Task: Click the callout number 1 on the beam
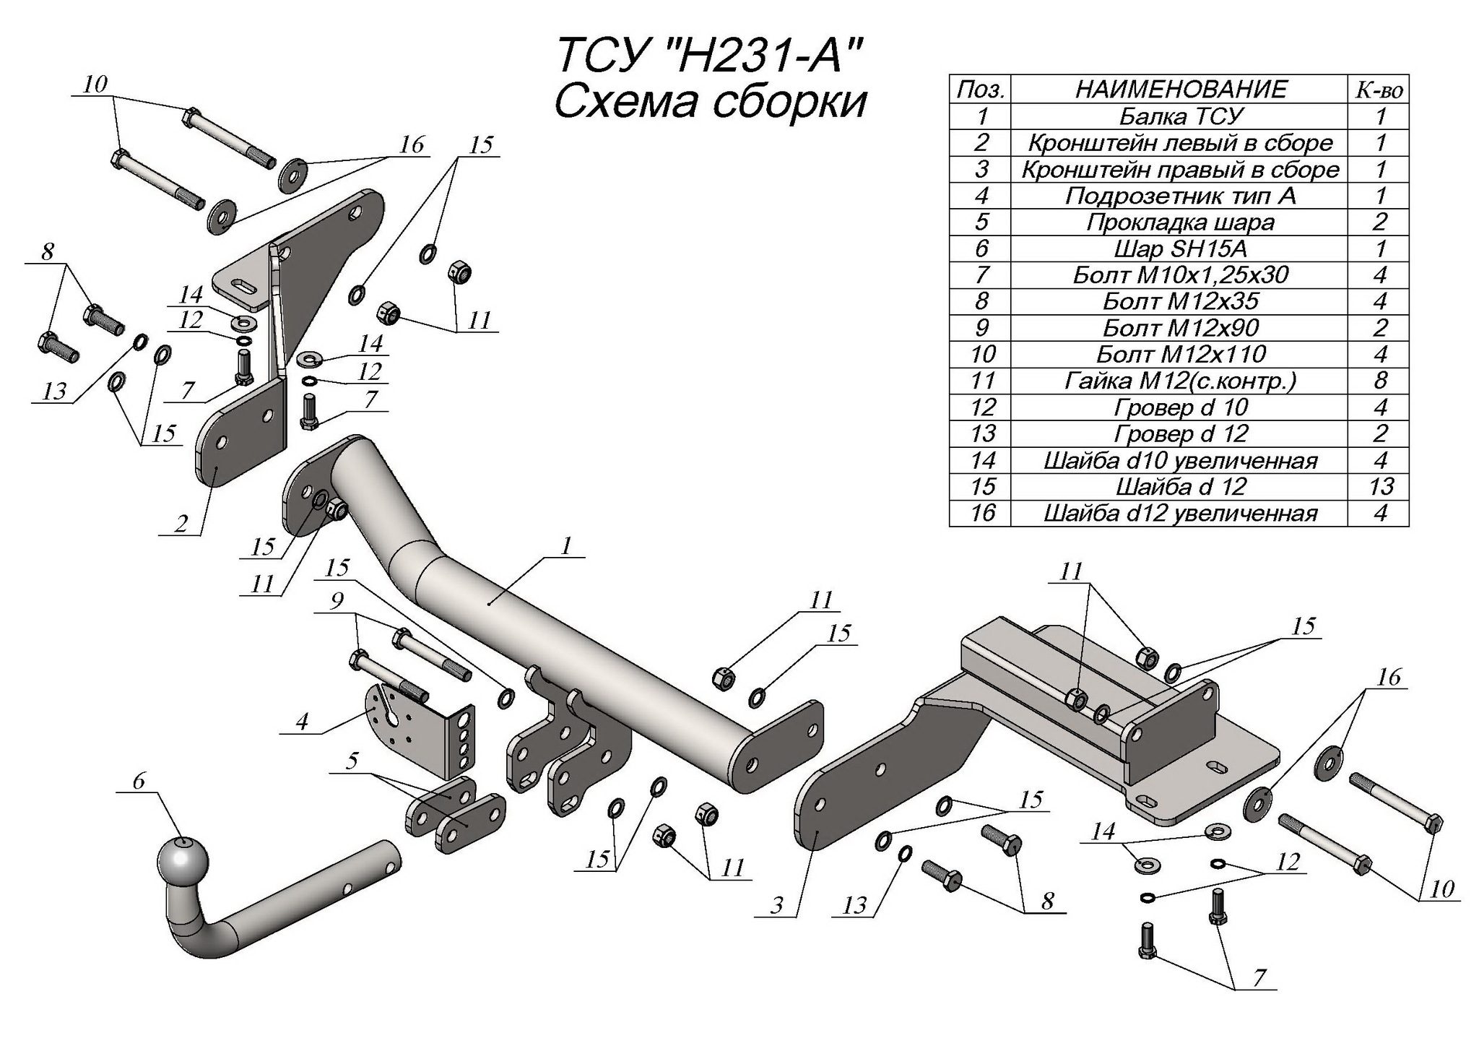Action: (567, 545)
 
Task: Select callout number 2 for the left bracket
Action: (181, 523)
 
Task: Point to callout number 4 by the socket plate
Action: (302, 721)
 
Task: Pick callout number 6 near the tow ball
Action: (139, 780)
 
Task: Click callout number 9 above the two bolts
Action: (337, 601)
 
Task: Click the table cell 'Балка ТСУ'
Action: (1180, 116)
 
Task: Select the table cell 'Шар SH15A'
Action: (1180, 248)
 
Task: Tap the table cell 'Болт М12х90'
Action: (1180, 328)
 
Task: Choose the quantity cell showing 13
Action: (1380, 486)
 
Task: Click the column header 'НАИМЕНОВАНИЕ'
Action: (1180, 89)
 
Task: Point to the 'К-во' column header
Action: (1379, 90)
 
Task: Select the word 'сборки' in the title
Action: (789, 103)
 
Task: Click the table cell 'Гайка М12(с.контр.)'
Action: (1180, 381)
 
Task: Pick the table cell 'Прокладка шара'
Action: (1180, 222)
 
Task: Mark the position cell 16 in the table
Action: (982, 513)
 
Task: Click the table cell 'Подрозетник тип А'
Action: (1180, 196)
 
